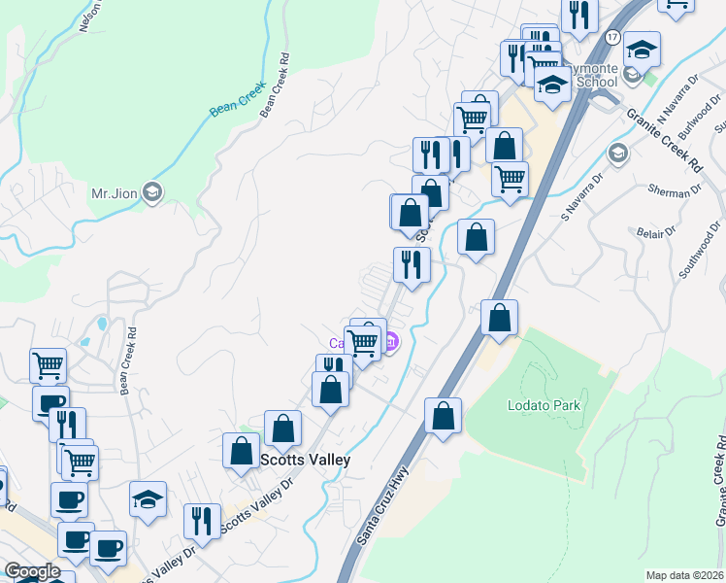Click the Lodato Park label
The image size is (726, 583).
543,404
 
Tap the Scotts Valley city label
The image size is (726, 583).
304,460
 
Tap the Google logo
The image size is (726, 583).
32,571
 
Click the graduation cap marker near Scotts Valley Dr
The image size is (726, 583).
148,499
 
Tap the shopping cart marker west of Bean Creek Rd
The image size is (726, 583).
48,365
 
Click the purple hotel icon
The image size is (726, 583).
391,342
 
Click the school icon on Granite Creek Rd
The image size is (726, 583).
617,153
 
